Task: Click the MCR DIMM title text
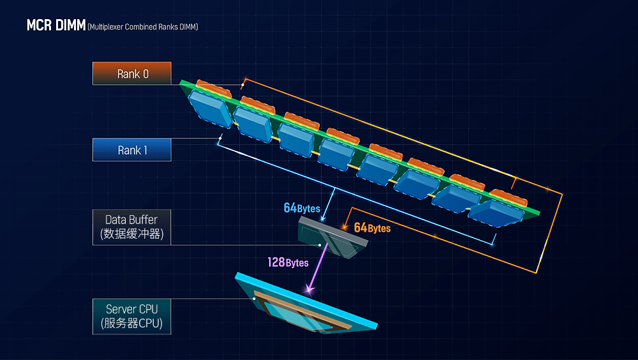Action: point(56,26)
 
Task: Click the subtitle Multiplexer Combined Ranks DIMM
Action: point(143,27)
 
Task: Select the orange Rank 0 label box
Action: point(132,73)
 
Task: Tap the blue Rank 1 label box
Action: point(132,150)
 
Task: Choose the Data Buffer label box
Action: point(132,227)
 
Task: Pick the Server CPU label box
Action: point(132,317)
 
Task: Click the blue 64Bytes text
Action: point(302,208)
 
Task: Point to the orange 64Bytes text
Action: point(373,228)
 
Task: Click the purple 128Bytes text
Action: point(288,262)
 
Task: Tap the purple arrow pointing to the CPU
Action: point(318,267)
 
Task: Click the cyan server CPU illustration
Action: point(306,303)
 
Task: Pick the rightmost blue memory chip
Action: point(496,213)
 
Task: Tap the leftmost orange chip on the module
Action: point(214,89)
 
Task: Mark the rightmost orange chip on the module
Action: point(508,198)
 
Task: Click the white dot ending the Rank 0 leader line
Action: point(242,85)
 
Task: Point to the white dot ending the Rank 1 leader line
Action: point(220,139)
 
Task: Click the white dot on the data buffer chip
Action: point(320,245)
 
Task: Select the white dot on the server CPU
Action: point(255,299)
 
